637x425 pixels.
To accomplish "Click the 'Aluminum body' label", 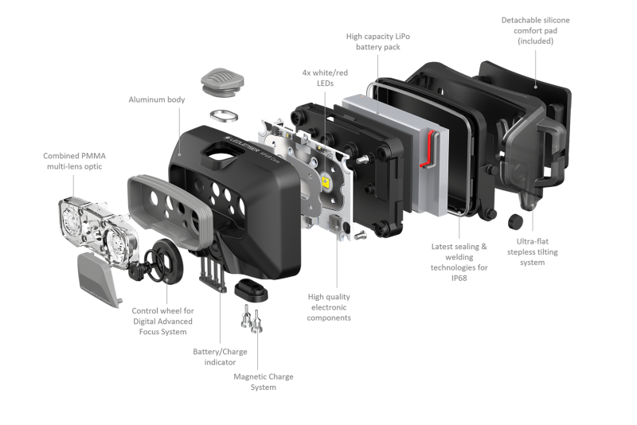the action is coord(156,99).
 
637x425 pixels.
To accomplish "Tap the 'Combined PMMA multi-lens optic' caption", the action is coord(74,161).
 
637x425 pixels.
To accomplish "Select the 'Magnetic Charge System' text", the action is coord(264,381).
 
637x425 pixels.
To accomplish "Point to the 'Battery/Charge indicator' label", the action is coord(220,357).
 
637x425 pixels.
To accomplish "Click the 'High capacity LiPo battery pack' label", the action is coord(377,41).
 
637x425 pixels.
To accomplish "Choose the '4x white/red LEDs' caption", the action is coord(325,78).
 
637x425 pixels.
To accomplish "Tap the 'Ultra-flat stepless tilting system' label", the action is coord(532,251).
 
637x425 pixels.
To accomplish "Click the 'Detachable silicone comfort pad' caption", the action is coord(535,30).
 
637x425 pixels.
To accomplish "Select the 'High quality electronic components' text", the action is coord(329,307).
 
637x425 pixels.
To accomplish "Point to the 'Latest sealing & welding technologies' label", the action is coord(459,262).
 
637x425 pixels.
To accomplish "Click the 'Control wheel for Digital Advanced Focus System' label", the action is coord(162,321).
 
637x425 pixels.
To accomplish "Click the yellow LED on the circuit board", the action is coord(326,181).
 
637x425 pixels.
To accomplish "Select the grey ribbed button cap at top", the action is coord(222,83).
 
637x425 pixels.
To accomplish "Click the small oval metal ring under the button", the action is coord(224,115).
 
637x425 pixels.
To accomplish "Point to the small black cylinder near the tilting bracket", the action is coord(515,221).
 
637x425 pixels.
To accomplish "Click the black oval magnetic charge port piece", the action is coord(251,290).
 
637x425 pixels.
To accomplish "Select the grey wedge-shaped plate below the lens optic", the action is coord(99,279).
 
